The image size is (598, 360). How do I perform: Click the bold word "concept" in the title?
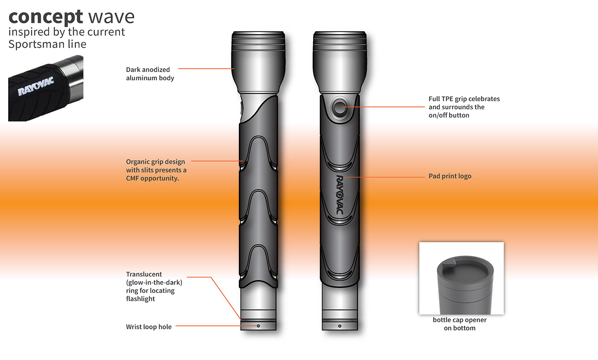[x=45, y=17]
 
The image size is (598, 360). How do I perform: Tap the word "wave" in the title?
[x=111, y=17]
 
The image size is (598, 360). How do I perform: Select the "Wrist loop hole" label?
[x=149, y=327]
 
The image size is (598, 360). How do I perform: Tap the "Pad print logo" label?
[x=450, y=176]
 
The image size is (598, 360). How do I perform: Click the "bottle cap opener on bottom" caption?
[x=460, y=324]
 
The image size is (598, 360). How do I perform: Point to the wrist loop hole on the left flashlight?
[x=258, y=326]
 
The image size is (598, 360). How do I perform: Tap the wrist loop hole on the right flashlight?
[x=340, y=326]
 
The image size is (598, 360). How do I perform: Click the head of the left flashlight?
[x=258, y=60]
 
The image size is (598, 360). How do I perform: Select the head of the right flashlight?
[x=340, y=60]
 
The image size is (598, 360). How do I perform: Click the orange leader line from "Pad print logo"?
[x=384, y=176]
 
